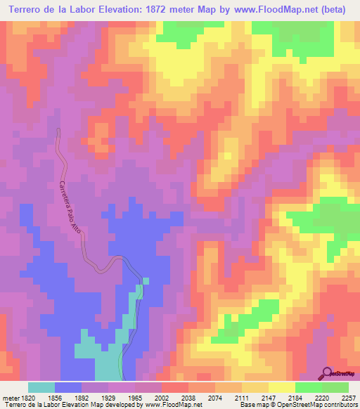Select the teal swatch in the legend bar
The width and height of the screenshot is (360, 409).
tap(41, 387)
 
